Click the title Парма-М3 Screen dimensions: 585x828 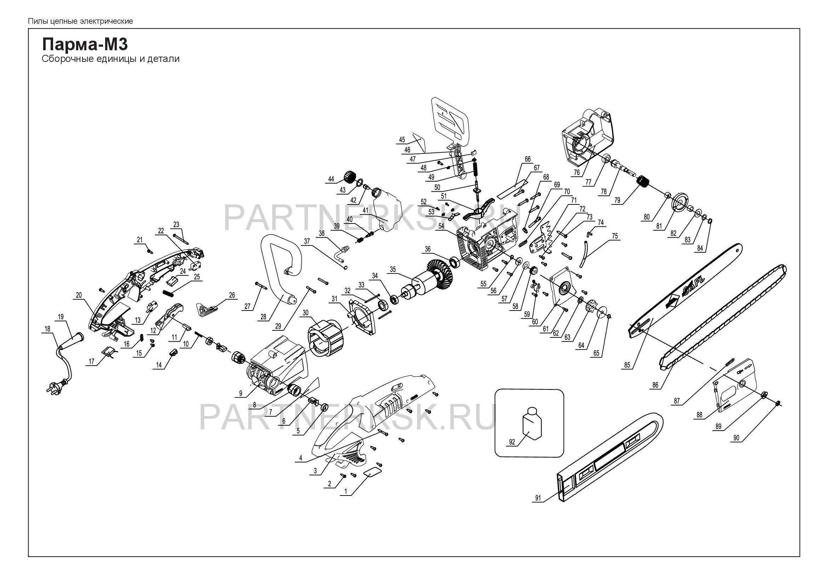click(85, 45)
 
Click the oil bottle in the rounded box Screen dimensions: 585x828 click(531, 425)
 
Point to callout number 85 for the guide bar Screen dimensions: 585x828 click(627, 365)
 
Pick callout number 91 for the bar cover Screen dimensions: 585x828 click(538, 499)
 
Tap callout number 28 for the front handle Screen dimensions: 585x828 click(264, 317)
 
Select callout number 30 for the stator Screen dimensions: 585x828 click(305, 313)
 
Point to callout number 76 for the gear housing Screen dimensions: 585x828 click(577, 172)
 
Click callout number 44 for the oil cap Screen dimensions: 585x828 click(331, 179)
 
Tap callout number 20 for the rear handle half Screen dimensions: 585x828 click(79, 295)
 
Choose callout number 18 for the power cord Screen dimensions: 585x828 click(47, 329)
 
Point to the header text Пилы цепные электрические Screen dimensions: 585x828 click(80, 21)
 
